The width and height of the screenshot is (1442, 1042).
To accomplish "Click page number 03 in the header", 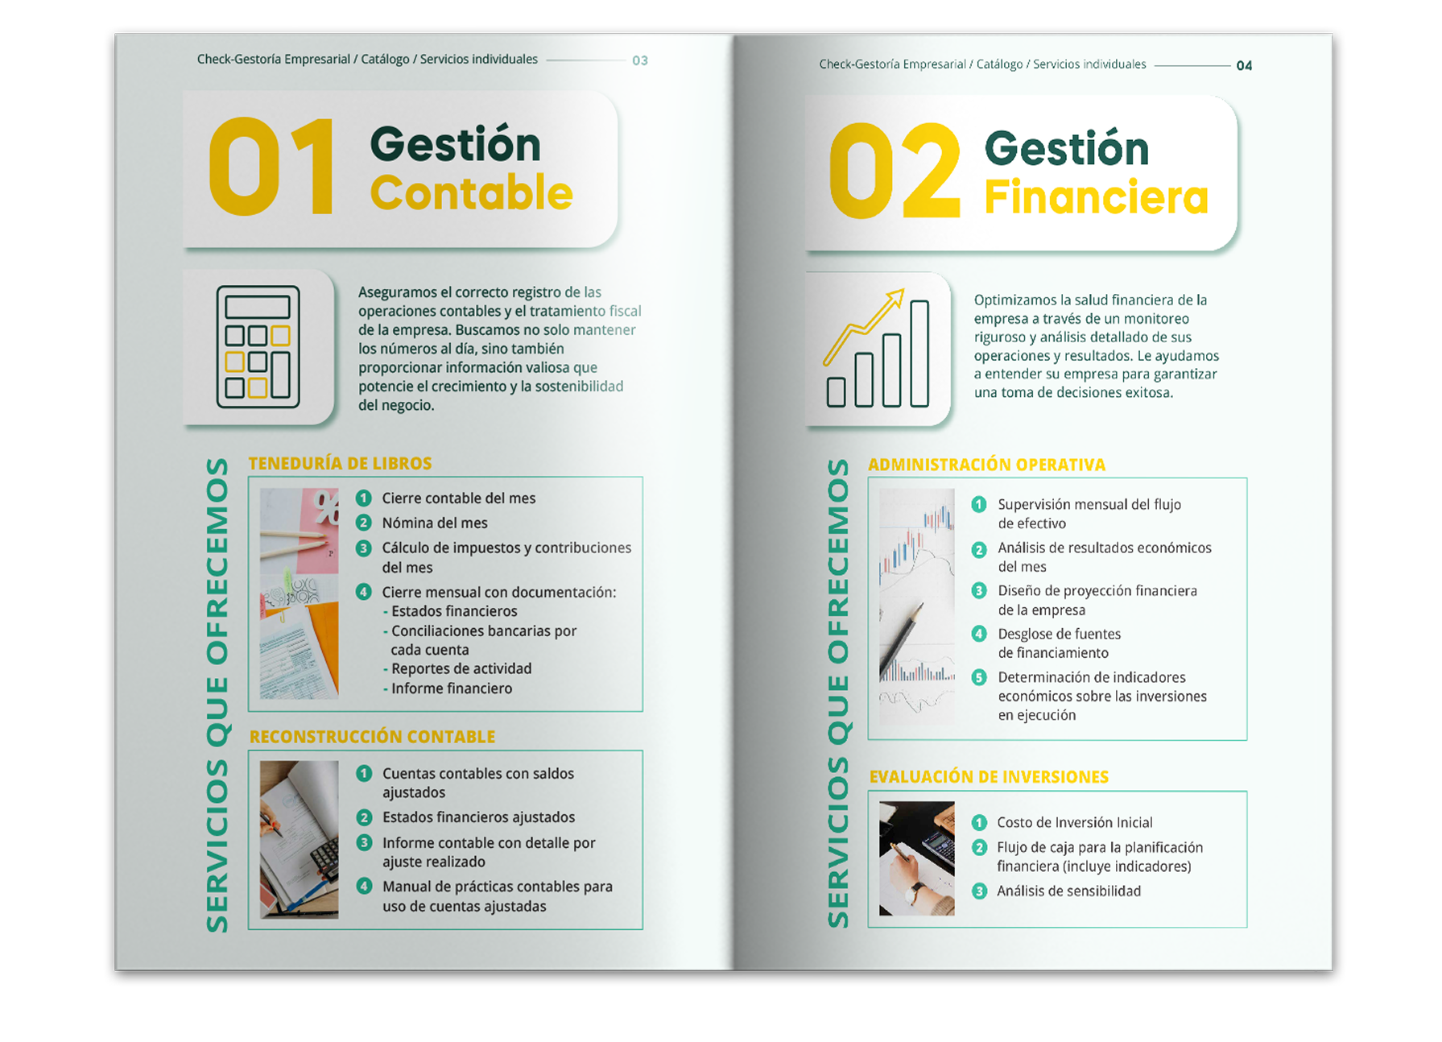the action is point(640,60).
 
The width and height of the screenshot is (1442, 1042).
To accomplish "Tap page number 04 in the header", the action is point(1244,66).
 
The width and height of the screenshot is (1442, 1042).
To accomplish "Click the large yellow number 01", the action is point(271,167).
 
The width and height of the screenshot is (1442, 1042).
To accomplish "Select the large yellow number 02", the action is point(895,171).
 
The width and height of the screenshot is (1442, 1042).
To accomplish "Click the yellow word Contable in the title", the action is point(471,192).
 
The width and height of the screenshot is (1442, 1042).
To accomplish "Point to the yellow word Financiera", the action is point(1096,197).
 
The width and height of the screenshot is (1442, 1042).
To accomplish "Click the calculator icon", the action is point(258,346).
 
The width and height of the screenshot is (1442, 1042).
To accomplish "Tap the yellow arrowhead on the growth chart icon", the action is point(895,300).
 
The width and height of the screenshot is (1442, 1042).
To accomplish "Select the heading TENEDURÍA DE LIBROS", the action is point(340,463).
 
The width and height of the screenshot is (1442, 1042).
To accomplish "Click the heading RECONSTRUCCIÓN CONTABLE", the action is point(372,737).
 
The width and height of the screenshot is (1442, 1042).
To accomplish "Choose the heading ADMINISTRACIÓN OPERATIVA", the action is point(986,465).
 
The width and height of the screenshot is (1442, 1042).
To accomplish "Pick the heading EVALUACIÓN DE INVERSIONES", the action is point(989,777).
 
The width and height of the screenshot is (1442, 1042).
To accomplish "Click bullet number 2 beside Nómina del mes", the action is point(364,523).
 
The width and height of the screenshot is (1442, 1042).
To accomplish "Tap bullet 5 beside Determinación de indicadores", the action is point(979,677).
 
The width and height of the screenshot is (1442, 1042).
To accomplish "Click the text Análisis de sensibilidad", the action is point(1068,891).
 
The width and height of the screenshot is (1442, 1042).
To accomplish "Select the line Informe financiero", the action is point(451,688).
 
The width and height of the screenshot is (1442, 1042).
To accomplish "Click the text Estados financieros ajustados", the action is point(478,817).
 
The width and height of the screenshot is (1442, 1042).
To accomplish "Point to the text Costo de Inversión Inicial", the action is point(1075,822).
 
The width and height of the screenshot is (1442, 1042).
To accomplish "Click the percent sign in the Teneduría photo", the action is point(326,507).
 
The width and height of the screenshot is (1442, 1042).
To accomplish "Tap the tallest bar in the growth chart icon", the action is point(919,354).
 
